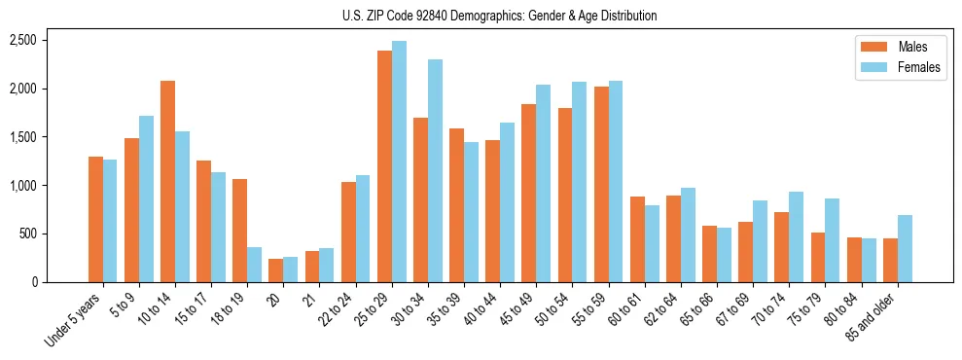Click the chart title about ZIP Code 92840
click(499, 16)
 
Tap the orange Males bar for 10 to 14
click(167, 182)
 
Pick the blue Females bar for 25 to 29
click(399, 162)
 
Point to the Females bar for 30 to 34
click(435, 171)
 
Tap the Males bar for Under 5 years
click(95, 220)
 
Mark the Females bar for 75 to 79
click(833, 240)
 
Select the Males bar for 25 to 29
click(384, 166)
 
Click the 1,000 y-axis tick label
click(22, 186)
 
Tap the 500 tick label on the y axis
click(26, 234)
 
